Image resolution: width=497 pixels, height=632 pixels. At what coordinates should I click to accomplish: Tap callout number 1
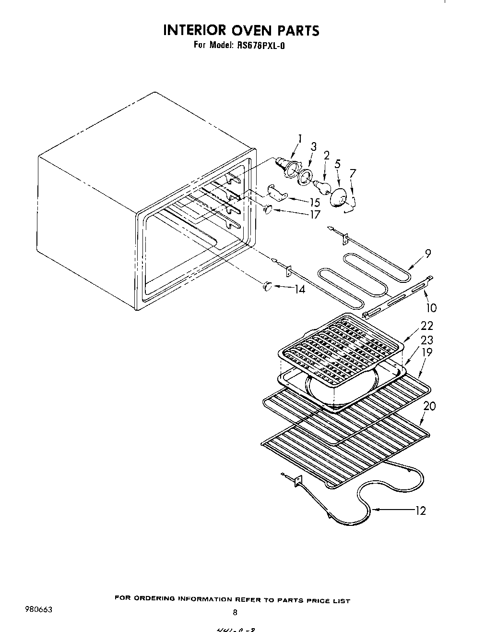(300, 139)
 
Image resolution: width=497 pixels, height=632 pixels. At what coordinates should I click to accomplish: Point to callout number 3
(314, 147)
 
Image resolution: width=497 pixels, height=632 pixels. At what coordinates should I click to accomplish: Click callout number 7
(353, 173)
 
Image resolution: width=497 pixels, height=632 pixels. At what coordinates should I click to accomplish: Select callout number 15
(315, 202)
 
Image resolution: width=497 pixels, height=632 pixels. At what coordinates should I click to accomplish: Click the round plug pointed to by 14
(267, 287)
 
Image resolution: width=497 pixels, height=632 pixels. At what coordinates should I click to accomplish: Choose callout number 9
(428, 254)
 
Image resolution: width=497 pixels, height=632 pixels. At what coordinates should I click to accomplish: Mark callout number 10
(431, 307)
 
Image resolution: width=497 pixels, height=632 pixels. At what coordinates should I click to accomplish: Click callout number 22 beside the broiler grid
(426, 326)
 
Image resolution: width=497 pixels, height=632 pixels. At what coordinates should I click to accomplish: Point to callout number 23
(426, 340)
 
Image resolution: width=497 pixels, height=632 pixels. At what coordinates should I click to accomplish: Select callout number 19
(426, 352)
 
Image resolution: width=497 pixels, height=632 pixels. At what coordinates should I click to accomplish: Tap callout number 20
(430, 406)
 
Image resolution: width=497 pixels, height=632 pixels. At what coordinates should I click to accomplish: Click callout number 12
(420, 510)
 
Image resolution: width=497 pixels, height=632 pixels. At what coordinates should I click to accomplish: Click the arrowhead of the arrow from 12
(372, 510)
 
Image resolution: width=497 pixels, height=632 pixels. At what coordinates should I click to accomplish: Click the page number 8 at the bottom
(235, 612)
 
